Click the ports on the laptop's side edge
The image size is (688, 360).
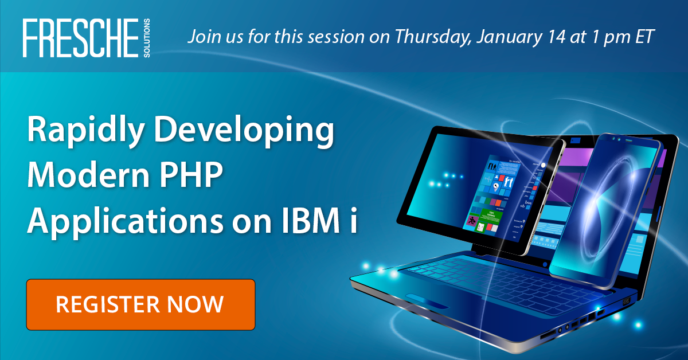pos(579,324)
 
